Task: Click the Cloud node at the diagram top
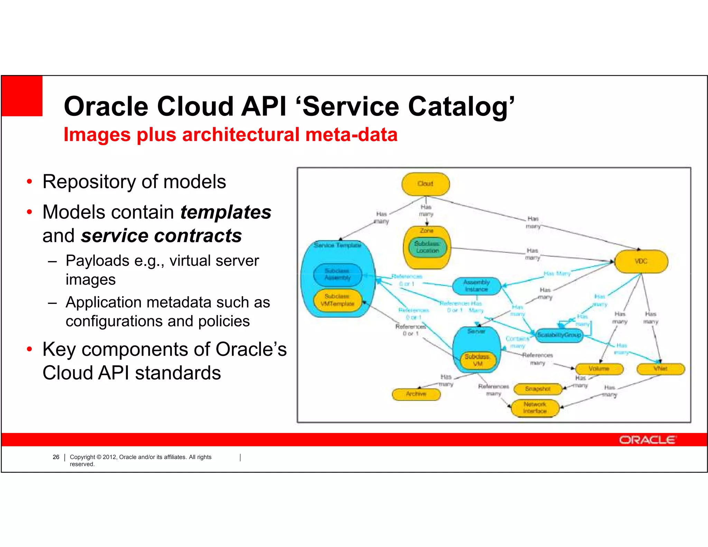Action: tap(425, 184)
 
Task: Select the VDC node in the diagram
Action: tap(641, 261)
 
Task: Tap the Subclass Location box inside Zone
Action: tap(427, 247)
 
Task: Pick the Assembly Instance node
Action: tap(476, 286)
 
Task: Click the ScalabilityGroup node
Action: tap(559, 335)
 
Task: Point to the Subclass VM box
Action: tap(477, 360)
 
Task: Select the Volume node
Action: tap(599, 369)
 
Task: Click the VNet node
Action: tap(660, 369)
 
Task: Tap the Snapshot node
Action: tap(538, 389)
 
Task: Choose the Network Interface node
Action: tap(535, 408)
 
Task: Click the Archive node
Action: tap(416, 394)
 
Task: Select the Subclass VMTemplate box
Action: tap(337, 300)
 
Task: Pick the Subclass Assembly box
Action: tap(337, 274)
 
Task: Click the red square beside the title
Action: tap(22, 96)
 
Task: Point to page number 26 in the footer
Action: tap(56, 457)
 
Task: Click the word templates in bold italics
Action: tap(226, 212)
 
